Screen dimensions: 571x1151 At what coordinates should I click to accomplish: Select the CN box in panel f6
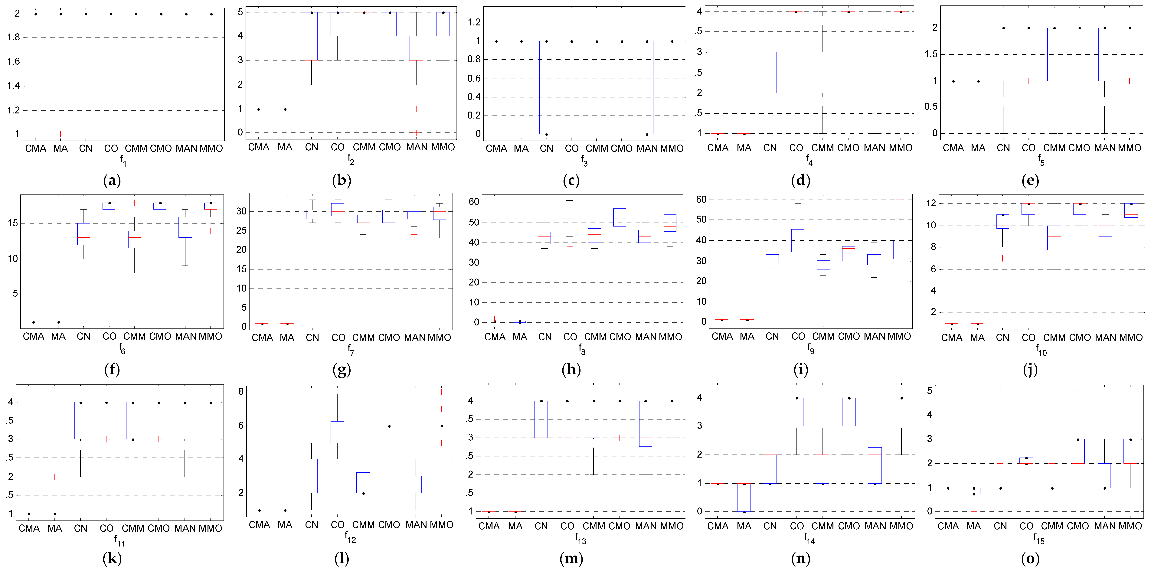coord(83,234)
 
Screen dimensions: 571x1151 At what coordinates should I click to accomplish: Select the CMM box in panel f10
coord(1055,238)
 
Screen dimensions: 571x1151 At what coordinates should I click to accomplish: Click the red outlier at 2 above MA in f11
coord(54,477)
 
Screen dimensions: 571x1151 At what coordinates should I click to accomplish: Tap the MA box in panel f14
coord(744,497)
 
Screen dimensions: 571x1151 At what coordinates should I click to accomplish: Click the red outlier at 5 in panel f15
coord(1078,391)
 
